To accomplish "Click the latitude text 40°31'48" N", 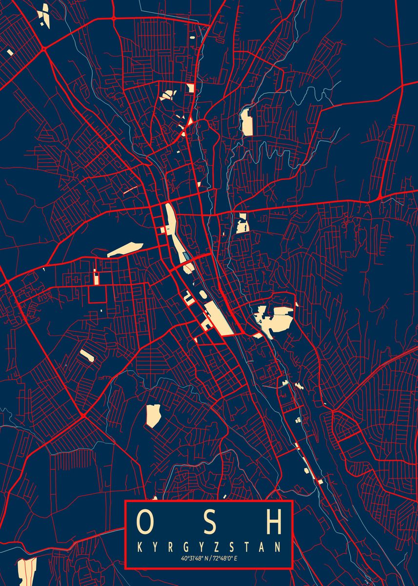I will click(x=193, y=558).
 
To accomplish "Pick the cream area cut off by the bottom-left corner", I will click(x=27, y=571).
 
